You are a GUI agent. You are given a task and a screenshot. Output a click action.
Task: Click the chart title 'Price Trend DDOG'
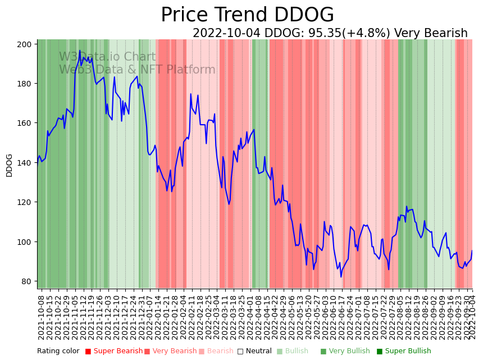click(x=247, y=15)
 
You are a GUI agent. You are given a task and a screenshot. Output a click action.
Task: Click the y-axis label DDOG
click(x=9, y=165)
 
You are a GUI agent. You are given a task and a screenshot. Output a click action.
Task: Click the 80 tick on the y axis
click(x=29, y=281)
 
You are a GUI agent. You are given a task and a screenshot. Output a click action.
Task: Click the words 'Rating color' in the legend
click(x=58, y=352)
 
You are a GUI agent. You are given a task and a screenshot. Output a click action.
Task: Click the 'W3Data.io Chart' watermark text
click(x=107, y=57)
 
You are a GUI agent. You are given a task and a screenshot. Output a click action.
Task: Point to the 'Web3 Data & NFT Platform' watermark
click(x=137, y=70)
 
